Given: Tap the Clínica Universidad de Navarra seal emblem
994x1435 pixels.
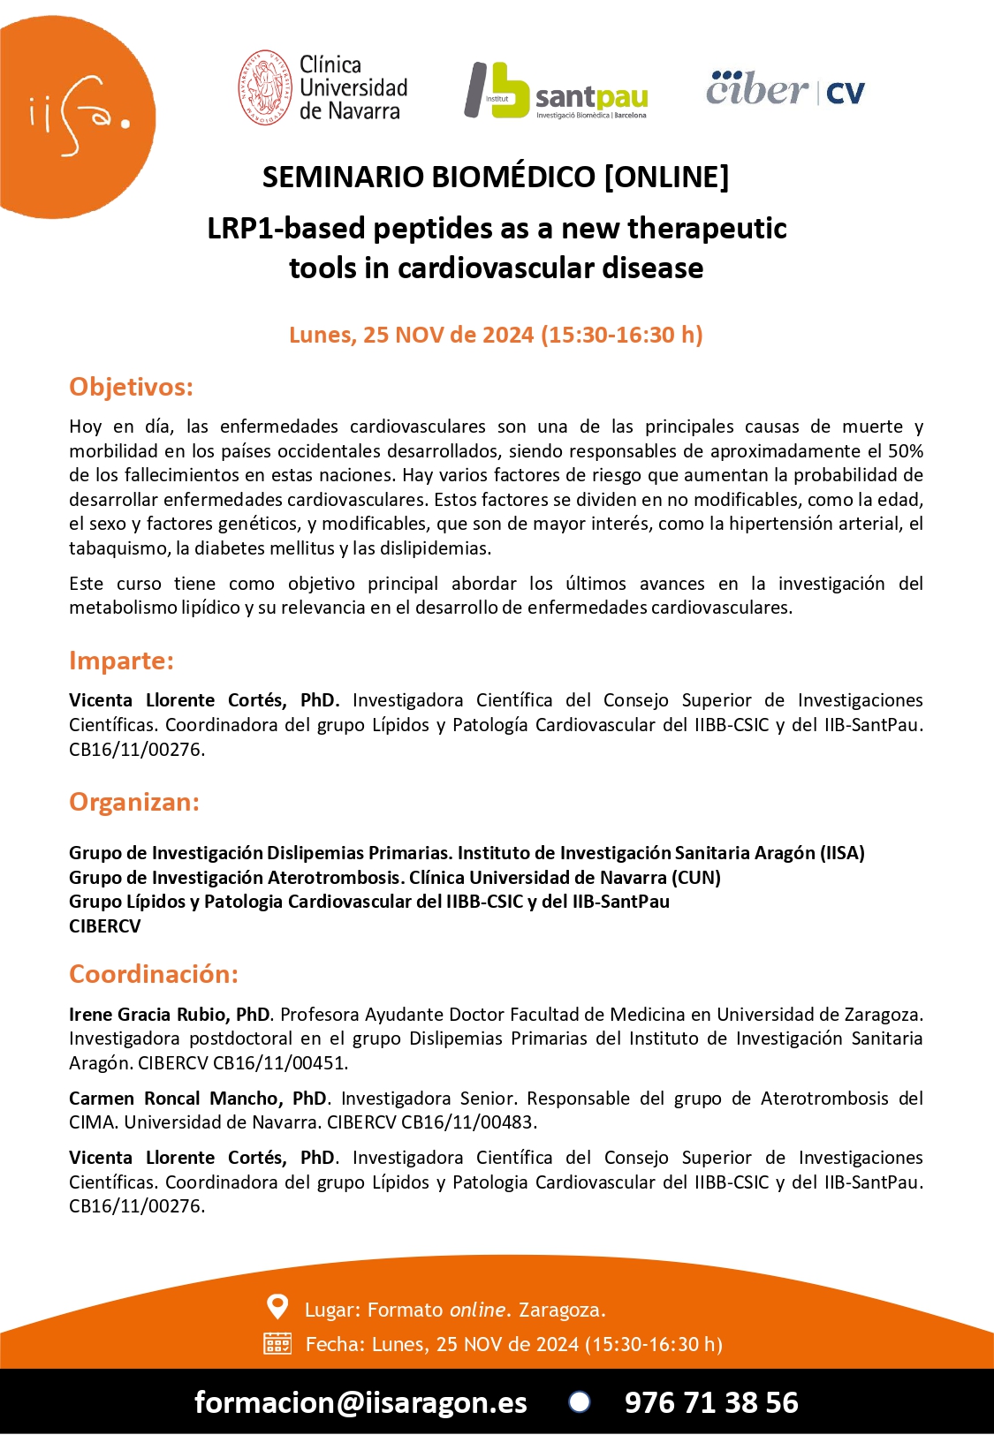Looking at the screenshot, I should [265, 88].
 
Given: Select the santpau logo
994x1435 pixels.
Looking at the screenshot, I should [557, 90].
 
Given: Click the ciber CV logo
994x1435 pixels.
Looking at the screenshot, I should [785, 89].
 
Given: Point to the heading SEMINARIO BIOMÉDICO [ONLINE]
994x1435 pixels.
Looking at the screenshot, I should [496, 177].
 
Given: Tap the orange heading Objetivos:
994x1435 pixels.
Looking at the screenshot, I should [131, 387].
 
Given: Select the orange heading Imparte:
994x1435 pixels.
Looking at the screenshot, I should [121, 661].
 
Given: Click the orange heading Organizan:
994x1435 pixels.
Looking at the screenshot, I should [134, 802].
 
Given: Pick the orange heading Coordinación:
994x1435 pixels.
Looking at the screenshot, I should [154, 974].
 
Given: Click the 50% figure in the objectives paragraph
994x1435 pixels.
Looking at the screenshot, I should [906, 451].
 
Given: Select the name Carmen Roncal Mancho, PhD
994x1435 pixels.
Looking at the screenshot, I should [198, 1099].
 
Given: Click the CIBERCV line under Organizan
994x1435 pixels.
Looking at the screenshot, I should [105, 926].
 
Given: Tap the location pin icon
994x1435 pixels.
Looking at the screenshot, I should [277, 1307].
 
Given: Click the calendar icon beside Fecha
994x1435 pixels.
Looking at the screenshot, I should [277, 1344].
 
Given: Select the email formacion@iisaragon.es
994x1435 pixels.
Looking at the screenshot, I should [360, 1402].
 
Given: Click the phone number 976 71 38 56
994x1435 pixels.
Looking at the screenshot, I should [711, 1402].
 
